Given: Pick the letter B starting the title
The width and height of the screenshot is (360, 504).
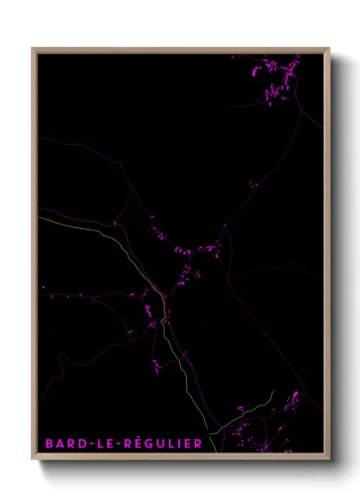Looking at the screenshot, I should (x=50, y=443).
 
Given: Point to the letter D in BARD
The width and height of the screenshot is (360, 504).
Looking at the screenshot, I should (x=79, y=443).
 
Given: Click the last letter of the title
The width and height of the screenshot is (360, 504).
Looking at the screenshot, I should (x=199, y=443).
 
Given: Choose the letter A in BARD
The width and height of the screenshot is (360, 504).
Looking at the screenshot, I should (x=59, y=443).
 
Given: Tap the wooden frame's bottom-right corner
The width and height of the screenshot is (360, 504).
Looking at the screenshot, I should (x=328, y=459).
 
